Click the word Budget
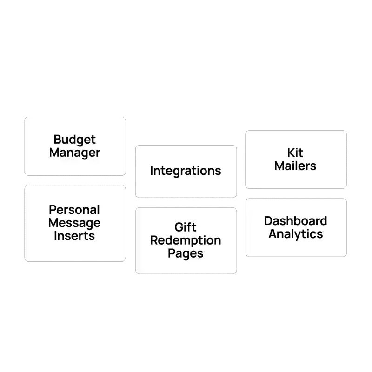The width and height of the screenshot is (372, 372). coord(74,139)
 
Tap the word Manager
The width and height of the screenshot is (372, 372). coord(74,153)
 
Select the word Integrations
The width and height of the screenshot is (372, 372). coord(186,171)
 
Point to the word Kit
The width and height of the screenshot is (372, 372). coord(295,153)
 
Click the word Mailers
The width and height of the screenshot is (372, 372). coord(295,166)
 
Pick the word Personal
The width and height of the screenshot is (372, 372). coord(74,210)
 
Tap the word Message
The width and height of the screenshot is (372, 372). coord(74,223)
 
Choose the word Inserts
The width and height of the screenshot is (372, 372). coord(74,236)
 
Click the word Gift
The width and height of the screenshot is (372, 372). coord(186,227)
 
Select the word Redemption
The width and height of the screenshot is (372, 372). coord(186,240)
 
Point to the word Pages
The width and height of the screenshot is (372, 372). coord(186,253)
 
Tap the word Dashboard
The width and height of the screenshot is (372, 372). coord(295,221)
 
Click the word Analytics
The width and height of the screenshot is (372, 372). coord(295,234)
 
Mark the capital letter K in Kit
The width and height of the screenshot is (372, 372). coord(290,153)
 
